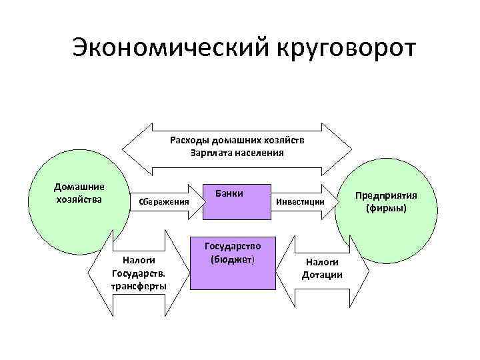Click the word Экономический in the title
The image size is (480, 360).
(157, 48)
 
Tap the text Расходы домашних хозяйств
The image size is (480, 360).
(237, 140)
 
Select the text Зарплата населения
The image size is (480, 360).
(237, 152)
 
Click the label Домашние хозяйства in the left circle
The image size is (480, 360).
(79, 193)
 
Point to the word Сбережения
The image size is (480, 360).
(163, 201)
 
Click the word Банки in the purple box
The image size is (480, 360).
(230, 193)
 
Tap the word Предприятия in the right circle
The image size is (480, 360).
(386, 196)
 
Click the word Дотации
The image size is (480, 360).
(322, 275)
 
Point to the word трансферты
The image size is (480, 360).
(140, 286)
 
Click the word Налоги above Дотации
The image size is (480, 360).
(322, 263)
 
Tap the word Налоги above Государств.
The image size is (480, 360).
(140, 261)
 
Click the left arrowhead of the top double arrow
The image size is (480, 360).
(133, 146)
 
